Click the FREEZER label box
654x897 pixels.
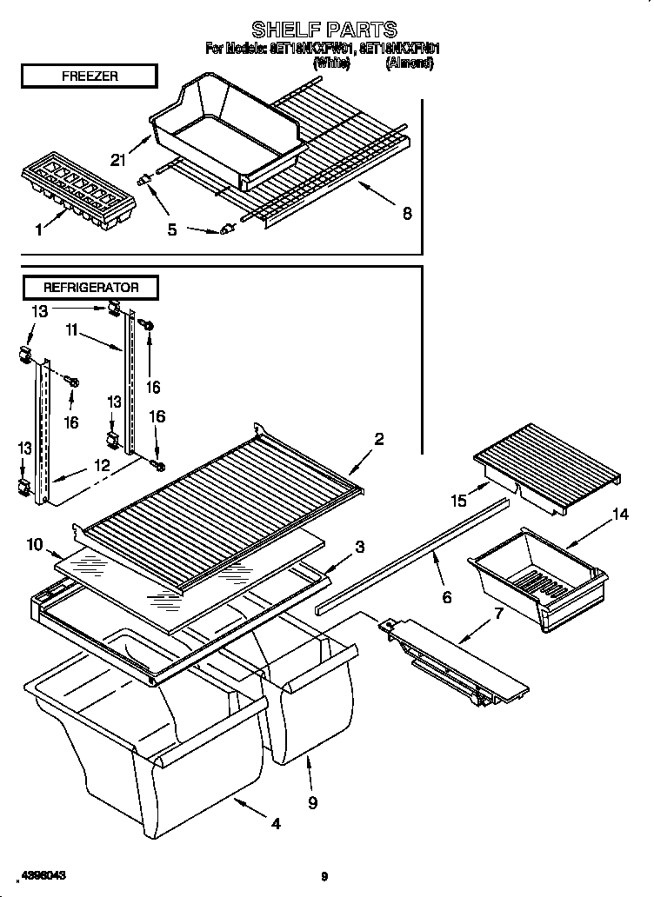click(x=90, y=76)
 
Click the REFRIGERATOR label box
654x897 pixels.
click(x=90, y=287)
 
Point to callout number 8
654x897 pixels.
click(x=406, y=214)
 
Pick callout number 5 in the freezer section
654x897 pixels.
click(x=172, y=229)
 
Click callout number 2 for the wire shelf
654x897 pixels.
click(x=379, y=439)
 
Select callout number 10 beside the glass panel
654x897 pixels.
click(x=34, y=544)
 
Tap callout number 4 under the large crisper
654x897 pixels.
click(x=276, y=823)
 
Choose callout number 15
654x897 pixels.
click(x=458, y=501)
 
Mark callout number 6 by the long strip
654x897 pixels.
click(x=446, y=597)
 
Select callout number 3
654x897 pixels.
click(x=359, y=547)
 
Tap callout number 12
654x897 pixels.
click(x=103, y=466)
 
